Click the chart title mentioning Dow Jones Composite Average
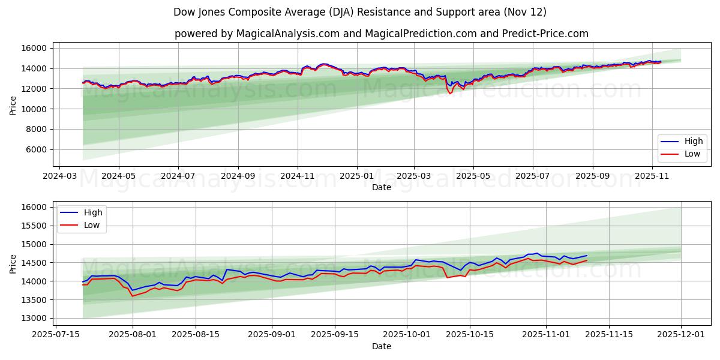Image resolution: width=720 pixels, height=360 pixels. [359, 12]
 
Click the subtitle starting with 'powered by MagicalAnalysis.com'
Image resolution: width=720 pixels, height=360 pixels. [381, 34]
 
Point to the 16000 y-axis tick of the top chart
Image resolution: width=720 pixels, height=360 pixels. [34, 48]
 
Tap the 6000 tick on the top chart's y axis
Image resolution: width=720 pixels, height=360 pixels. [36, 149]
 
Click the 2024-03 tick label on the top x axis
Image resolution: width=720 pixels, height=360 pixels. [59, 177]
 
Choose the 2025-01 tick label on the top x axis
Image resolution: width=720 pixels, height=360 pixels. [357, 177]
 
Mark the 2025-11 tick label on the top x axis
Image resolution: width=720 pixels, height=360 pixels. [652, 177]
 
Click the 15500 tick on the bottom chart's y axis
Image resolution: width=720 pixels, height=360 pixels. [34, 226]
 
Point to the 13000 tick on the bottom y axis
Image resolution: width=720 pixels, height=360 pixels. [34, 318]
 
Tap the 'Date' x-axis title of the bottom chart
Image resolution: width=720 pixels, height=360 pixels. [381, 346]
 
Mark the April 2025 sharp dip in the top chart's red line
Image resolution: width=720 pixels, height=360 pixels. [451, 94]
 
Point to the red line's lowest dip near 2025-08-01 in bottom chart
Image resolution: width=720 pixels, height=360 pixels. [133, 296]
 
